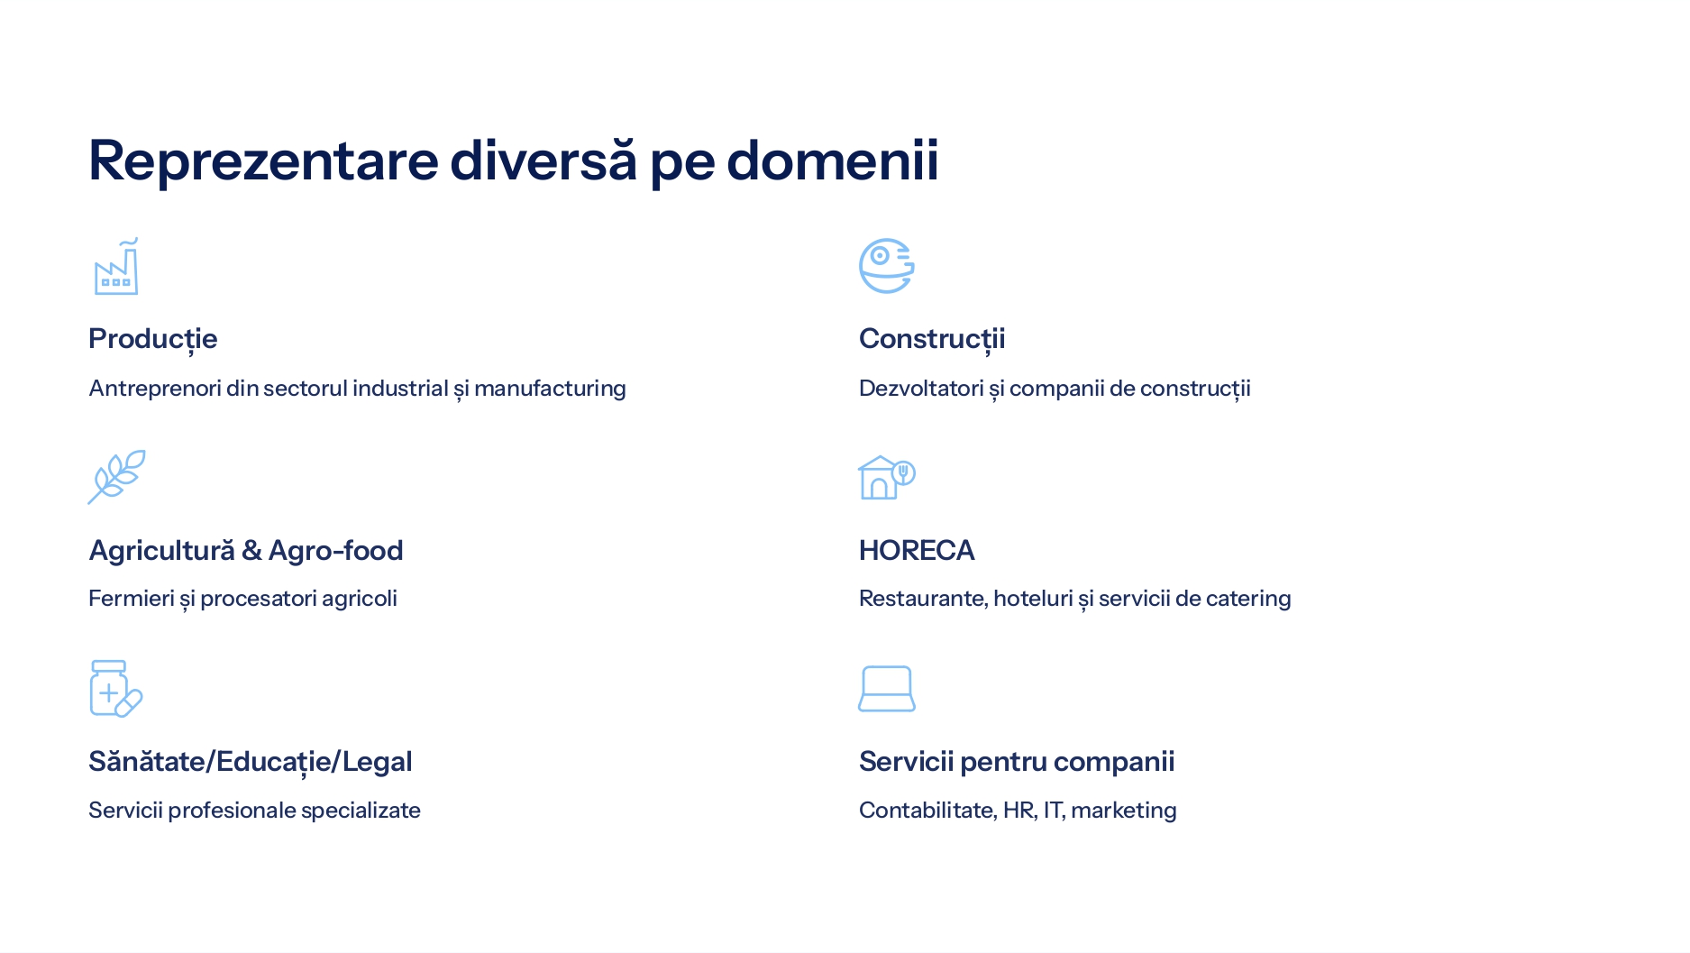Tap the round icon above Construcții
pos(887,266)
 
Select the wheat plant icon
pos(116,477)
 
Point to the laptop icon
pos(887,689)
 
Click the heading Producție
pos(153,339)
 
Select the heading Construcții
pos(932,339)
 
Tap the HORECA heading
pos(917,550)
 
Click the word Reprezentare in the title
pos(263,160)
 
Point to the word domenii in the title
pos(833,160)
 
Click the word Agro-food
pos(335,551)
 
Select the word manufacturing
pos(550,389)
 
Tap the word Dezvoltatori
pos(921,389)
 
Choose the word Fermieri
pos(132,599)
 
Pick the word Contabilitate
pos(928,811)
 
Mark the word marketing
pos(1124,811)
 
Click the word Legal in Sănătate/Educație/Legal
pos(377,763)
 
